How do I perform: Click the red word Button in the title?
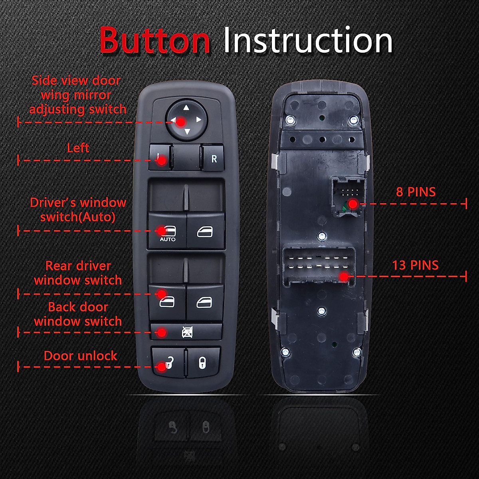[155, 40]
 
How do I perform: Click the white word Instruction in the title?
[308, 40]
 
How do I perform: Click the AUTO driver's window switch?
[167, 231]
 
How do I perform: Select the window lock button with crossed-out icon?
[186, 332]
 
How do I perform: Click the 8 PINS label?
[416, 192]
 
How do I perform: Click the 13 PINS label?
[415, 265]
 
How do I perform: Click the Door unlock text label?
[80, 356]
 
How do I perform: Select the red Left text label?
[78, 148]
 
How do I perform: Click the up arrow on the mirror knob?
[186, 107]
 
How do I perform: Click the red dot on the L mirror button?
[162, 161]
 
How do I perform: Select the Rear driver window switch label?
[78, 273]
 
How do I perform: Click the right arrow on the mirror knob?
[198, 119]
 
